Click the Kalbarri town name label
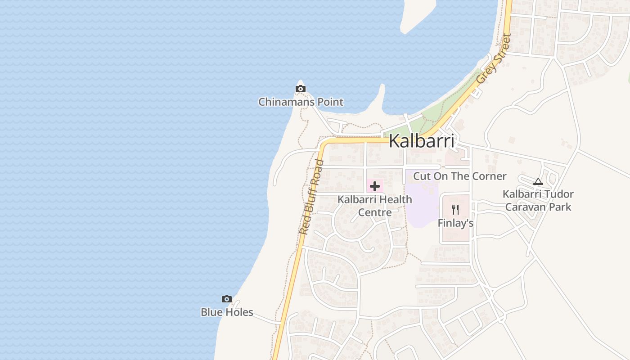[x=421, y=141]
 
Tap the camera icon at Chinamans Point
[x=301, y=89]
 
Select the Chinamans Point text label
[x=301, y=102]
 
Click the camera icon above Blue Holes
[x=227, y=299]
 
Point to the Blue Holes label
[x=227, y=312]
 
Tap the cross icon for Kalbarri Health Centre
[x=374, y=186]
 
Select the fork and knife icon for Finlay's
[x=455, y=210]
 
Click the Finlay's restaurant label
[x=455, y=223]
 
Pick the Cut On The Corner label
[x=459, y=176]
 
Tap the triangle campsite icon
[x=538, y=182]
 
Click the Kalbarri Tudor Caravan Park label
[x=538, y=201]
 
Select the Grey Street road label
[x=494, y=58]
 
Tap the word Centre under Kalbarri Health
[x=374, y=212]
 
